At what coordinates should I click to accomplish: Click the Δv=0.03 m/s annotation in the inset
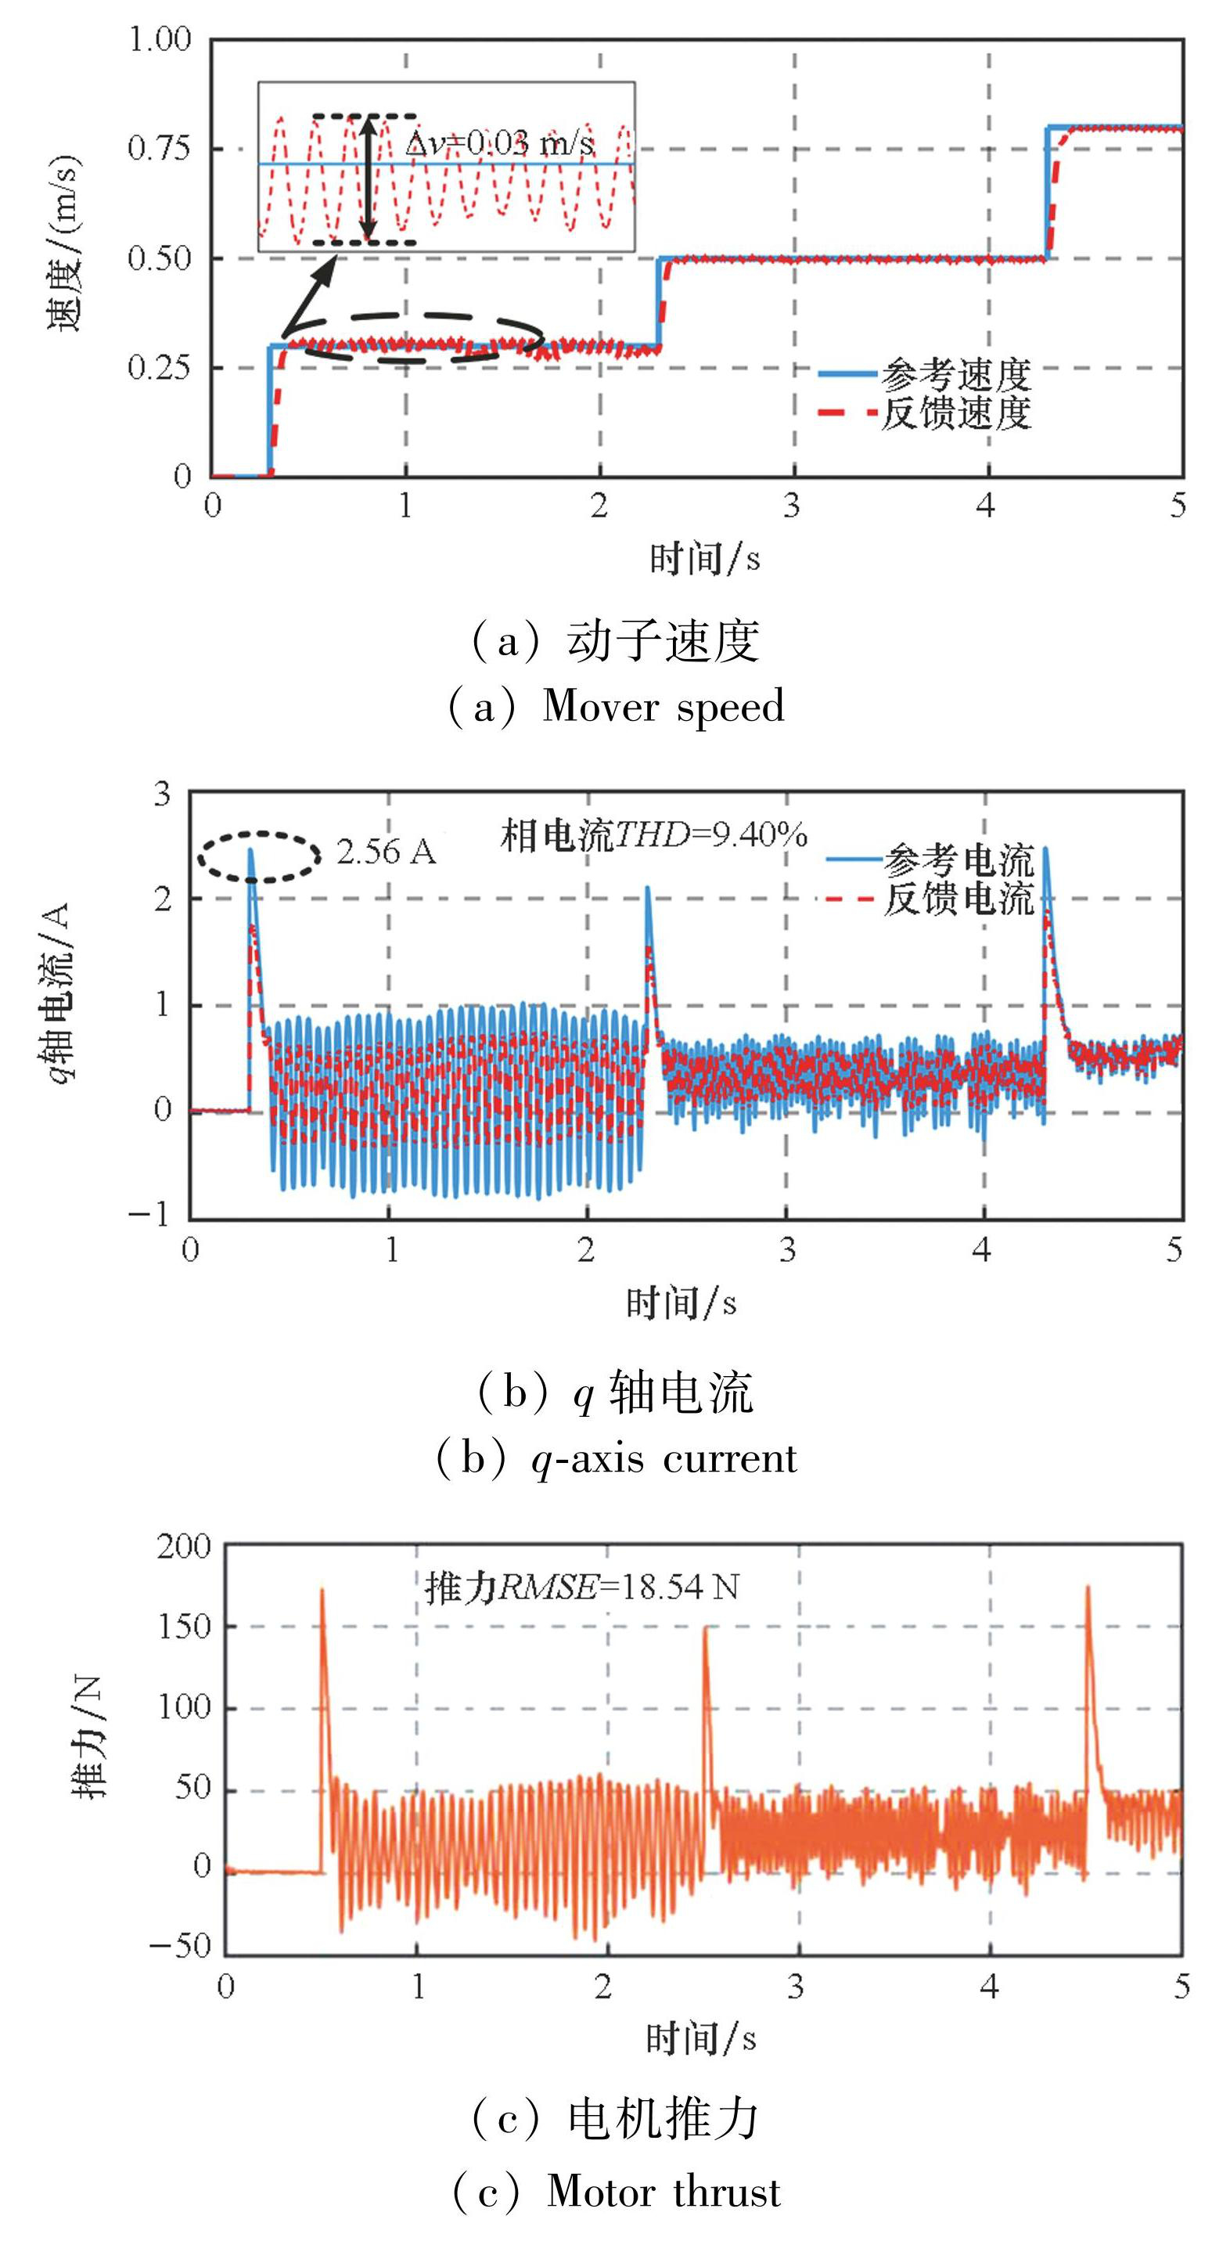click(500, 142)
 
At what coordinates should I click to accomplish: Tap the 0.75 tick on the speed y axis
click(159, 148)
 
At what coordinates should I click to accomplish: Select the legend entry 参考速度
click(955, 374)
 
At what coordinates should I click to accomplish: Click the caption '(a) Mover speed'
click(616, 706)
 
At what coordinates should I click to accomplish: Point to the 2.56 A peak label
click(386, 852)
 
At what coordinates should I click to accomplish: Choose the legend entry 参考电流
click(958, 860)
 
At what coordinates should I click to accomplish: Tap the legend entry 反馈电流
click(958, 899)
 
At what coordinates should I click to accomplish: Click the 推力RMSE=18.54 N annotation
click(582, 1587)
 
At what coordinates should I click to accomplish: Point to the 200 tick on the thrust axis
click(184, 1547)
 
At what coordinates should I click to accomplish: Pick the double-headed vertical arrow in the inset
click(369, 178)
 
